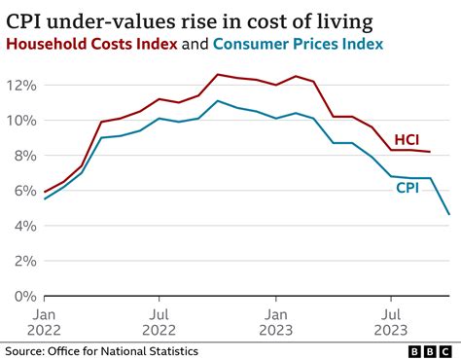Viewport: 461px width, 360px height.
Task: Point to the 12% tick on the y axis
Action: point(20,85)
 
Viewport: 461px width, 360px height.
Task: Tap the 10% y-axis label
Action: point(20,120)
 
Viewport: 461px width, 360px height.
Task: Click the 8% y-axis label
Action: point(23,156)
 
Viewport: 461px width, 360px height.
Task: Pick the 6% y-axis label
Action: point(23,191)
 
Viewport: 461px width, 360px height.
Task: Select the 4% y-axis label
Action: point(23,226)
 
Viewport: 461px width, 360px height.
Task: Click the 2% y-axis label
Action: point(23,261)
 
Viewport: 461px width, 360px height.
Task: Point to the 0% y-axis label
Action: point(23,296)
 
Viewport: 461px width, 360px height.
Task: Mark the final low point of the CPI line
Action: point(448,214)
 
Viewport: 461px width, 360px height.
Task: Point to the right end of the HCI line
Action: point(430,152)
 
